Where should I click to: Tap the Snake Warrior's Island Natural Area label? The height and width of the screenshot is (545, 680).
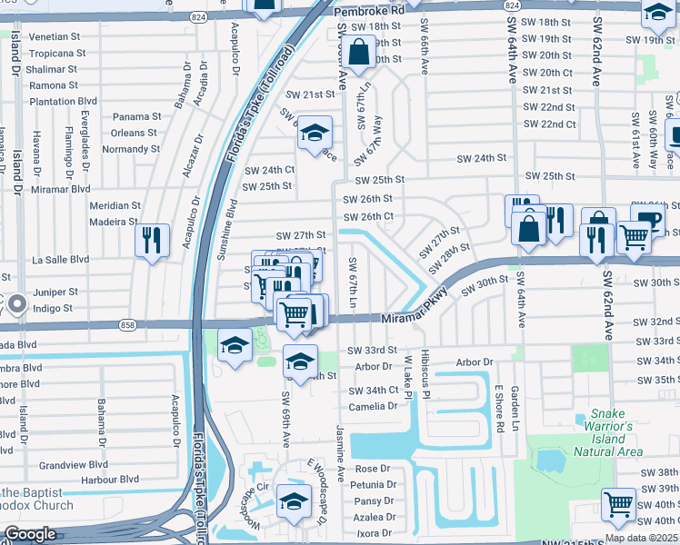pos(609,431)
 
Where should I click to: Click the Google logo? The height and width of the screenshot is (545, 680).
pos(30,534)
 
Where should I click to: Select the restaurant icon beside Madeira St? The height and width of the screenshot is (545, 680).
pos(151,239)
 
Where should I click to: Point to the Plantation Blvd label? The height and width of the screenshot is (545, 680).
pos(64,102)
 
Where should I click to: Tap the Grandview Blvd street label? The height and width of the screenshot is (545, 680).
pos(74,464)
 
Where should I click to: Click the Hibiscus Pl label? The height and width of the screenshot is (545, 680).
pos(425,373)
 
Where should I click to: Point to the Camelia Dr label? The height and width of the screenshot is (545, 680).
pos(374,406)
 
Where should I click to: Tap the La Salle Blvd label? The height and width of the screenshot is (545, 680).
pos(61,259)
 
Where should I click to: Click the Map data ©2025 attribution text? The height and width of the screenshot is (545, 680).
pos(641,538)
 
